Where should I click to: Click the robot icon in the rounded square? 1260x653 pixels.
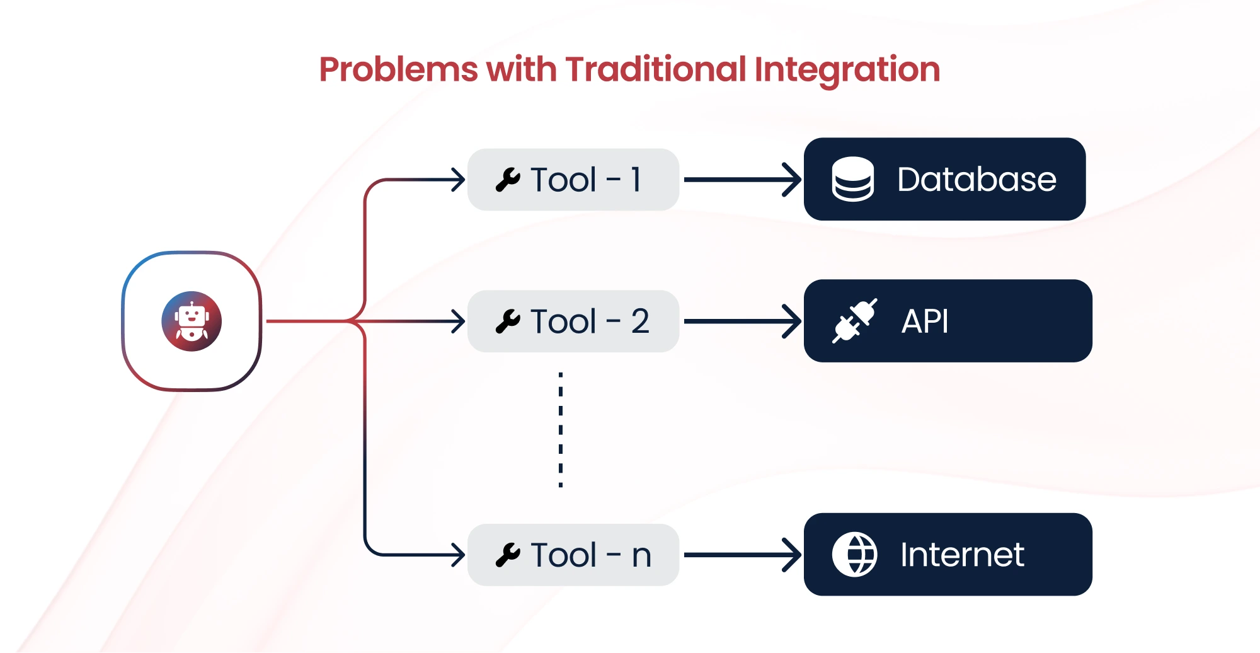click(x=192, y=321)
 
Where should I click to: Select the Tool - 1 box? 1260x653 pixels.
click(x=573, y=180)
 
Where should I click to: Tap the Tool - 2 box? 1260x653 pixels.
click(x=573, y=321)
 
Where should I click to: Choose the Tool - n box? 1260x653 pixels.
click(x=573, y=555)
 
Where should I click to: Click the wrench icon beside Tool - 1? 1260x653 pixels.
click(x=508, y=180)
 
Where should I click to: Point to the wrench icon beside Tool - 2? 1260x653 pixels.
click(x=508, y=321)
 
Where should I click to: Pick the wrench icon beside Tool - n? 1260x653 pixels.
click(x=508, y=555)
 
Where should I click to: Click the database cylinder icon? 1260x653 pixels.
click(x=853, y=179)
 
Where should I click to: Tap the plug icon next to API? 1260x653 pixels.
click(x=855, y=321)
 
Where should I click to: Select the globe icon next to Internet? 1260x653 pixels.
click(x=854, y=555)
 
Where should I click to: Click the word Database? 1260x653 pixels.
click(x=976, y=180)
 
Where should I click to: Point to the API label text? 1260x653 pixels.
click(x=925, y=321)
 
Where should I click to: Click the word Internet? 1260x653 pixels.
click(x=962, y=555)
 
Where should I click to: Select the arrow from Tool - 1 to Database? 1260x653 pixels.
click(x=742, y=180)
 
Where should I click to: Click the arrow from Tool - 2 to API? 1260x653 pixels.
click(x=742, y=321)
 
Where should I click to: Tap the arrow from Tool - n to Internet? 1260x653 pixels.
click(x=742, y=555)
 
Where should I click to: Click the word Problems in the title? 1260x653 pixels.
click(x=399, y=69)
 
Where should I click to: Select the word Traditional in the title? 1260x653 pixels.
click(x=656, y=69)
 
